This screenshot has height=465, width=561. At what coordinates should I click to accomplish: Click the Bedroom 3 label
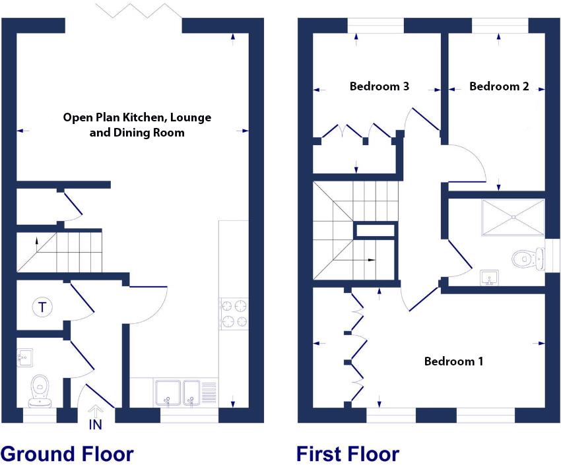pyautogui.click(x=379, y=86)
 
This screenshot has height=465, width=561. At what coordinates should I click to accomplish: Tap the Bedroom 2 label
pyautogui.click(x=499, y=86)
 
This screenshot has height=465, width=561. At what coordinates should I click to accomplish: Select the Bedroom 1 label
pyautogui.click(x=453, y=361)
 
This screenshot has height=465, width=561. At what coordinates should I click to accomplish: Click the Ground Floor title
pyautogui.click(x=67, y=454)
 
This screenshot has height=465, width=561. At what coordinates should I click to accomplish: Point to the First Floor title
pyautogui.click(x=348, y=454)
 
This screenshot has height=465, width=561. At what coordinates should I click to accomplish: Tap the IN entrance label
pyautogui.click(x=96, y=425)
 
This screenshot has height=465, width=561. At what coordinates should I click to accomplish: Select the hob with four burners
pyautogui.click(x=234, y=313)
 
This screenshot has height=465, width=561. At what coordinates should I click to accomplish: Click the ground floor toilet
pyautogui.click(x=39, y=389)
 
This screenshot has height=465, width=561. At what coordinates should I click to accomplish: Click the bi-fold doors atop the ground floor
pyautogui.click(x=138, y=11)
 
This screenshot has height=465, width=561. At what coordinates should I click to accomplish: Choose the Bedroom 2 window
pyautogui.click(x=500, y=26)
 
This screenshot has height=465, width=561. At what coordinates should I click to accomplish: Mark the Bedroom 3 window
pyautogui.click(x=375, y=26)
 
